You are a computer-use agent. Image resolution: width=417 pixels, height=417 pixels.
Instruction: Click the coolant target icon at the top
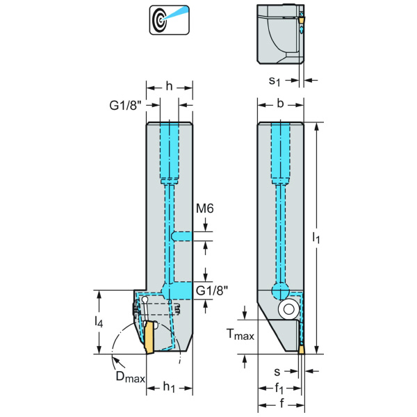pyautogui.click(x=163, y=20)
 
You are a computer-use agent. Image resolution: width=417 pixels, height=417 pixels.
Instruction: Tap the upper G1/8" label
pyautogui.click(x=128, y=106)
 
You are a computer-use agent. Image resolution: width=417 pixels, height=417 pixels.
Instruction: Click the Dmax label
pyautogui.click(x=129, y=377)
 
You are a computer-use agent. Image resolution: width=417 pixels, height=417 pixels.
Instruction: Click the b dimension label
pyautogui.click(x=280, y=104)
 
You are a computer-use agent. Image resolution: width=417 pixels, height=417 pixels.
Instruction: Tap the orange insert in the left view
pyautogui.click(x=148, y=337)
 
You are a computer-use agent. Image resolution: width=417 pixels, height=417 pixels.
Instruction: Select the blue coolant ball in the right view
pyautogui.click(x=280, y=289)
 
